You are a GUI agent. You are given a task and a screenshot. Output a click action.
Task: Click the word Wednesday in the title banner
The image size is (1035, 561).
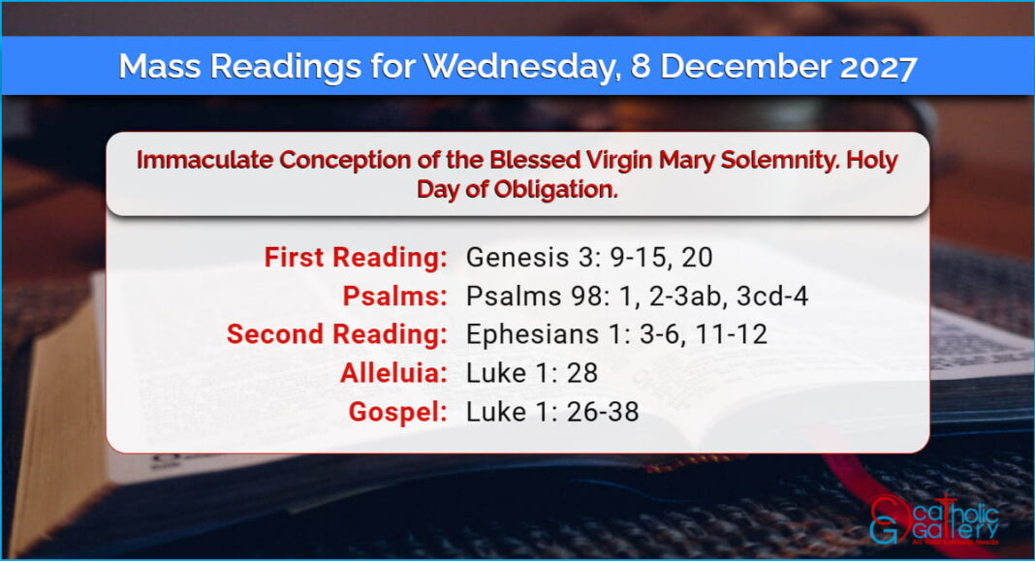(521, 67)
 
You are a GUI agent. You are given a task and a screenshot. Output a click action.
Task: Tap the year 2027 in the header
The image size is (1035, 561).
(878, 67)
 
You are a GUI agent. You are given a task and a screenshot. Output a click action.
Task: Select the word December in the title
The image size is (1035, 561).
(745, 66)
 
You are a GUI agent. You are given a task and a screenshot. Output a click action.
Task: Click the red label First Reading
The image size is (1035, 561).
(356, 258)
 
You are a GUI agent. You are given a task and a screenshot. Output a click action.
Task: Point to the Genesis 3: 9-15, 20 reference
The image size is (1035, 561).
(589, 258)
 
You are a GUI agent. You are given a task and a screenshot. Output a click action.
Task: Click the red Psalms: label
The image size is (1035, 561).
(394, 296)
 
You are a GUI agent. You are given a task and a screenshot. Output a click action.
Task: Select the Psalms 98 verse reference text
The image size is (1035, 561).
(637, 296)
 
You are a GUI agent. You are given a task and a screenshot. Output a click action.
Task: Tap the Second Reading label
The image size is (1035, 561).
(336, 334)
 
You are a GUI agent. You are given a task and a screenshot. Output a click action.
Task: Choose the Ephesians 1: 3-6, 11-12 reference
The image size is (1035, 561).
(616, 334)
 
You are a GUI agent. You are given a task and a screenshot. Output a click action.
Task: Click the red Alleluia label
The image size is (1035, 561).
(393, 373)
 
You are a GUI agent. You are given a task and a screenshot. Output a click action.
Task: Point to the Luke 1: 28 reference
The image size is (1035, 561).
(532, 373)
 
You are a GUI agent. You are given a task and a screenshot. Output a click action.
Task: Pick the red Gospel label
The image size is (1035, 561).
(397, 412)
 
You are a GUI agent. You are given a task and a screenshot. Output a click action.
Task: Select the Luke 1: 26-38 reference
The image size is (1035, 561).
(552, 412)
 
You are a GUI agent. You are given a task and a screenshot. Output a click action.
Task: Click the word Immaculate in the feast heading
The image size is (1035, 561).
(204, 161)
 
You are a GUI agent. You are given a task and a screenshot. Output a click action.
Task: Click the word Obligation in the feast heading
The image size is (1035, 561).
(555, 190)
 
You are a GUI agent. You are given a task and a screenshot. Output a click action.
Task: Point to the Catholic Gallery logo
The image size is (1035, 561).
(934, 519)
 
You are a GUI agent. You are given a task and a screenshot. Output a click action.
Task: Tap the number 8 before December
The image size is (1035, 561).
(641, 67)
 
